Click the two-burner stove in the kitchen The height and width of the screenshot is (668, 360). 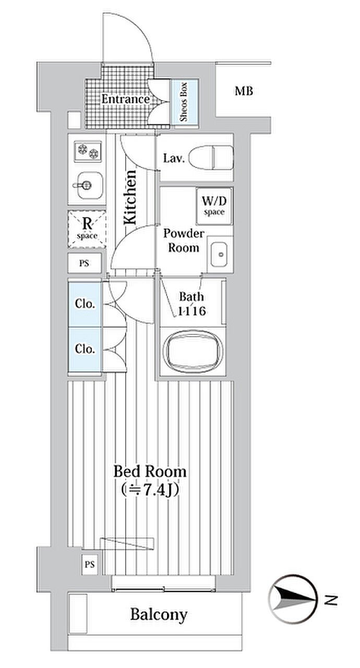point(87,152)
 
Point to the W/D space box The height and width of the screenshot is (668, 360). point(214,205)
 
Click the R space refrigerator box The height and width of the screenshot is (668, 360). point(87,229)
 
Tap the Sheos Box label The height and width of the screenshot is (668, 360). point(185,102)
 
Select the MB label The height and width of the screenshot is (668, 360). point(244,92)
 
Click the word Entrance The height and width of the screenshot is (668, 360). point(125,99)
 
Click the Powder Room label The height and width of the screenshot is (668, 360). point(184,241)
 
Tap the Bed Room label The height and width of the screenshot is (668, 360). point(150,472)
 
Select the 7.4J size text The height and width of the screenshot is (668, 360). point(150,491)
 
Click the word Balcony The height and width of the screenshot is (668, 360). point(159,615)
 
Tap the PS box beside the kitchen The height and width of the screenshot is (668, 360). point(84,263)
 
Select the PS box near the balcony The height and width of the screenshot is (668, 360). point(90,564)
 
